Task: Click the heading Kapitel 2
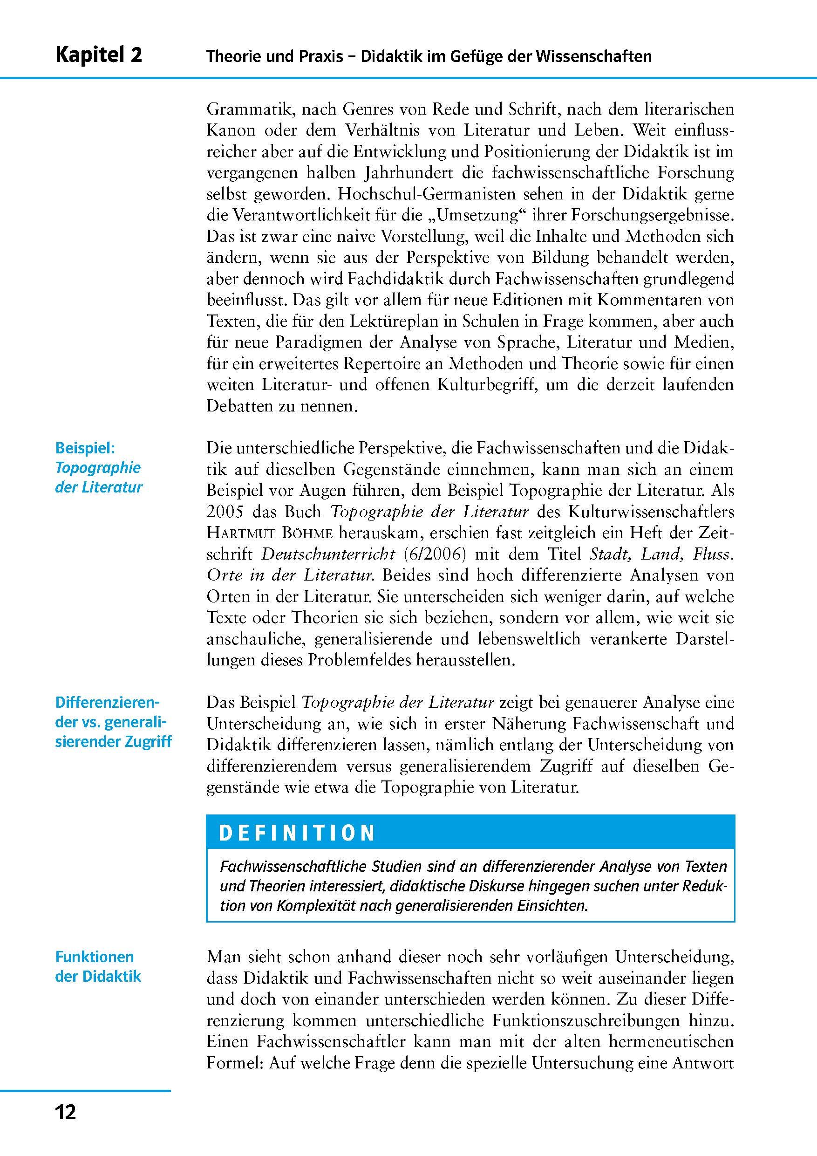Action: tap(99, 55)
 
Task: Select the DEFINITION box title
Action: tap(297, 833)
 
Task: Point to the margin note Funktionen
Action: tap(95, 957)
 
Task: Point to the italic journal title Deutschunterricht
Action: tap(329, 554)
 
